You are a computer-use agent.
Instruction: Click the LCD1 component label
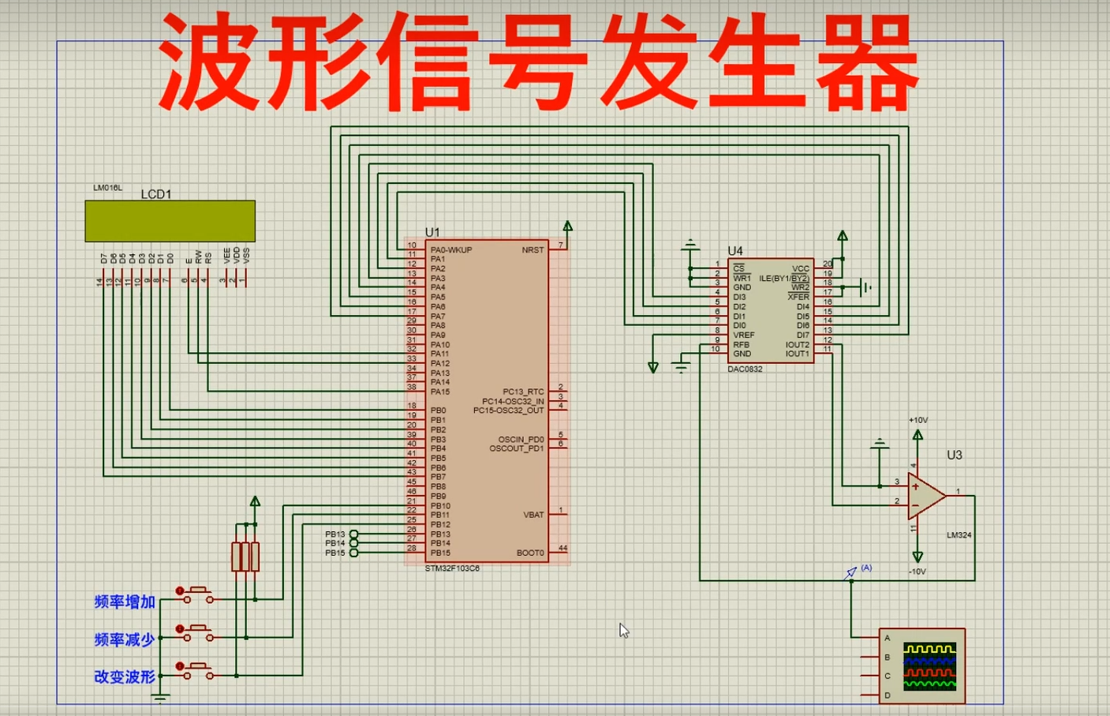[x=155, y=194]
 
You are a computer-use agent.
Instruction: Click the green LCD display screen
[x=170, y=221]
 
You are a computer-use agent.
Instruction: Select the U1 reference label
[x=432, y=232]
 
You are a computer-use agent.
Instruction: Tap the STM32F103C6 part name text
[x=452, y=568]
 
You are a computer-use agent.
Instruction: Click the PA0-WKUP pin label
[x=450, y=250]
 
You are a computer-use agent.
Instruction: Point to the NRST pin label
[x=533, y=250]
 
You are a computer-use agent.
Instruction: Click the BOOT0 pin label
[x=530, y=553]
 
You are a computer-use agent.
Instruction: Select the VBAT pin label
[x=533, y=515]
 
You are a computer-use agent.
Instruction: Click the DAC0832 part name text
[x=745, y=369]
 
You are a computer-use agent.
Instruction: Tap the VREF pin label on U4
[x=743, y=335]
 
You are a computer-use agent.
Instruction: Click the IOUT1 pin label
[x=797, y=354]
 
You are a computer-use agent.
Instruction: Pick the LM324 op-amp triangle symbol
[x=925, y=496]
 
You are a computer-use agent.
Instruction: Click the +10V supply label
[x=918, y=420]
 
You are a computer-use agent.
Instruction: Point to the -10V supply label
[x=918, y=571]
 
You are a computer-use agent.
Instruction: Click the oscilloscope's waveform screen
[x=929, y=665]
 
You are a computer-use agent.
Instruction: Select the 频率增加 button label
[x=125, y=602]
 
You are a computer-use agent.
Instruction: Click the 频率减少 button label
[x=125, y=639]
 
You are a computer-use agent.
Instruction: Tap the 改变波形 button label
[x=125, y=677]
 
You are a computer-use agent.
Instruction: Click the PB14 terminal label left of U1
[x=334, y=543]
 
